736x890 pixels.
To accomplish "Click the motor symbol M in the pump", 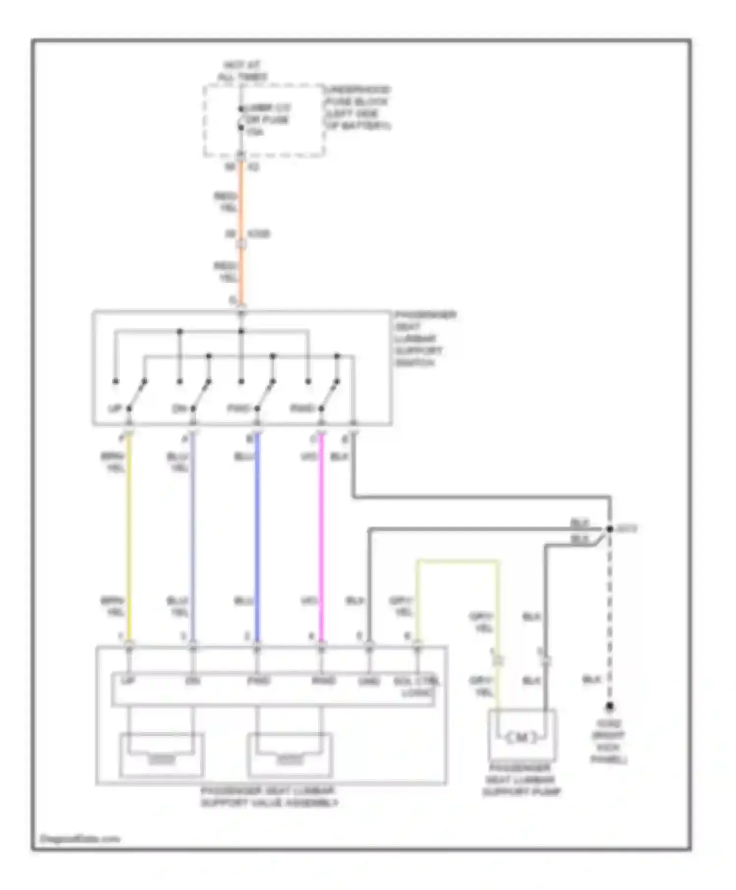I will [521, 737].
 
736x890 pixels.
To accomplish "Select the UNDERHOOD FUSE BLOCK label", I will [357, 108].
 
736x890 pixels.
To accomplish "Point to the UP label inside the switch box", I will [115, 409].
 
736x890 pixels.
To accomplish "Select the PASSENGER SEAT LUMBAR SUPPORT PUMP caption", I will [522, 780].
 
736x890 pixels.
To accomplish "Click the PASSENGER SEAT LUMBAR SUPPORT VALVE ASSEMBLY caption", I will [269, 797].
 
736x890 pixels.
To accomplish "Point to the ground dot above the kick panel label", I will [609, 706].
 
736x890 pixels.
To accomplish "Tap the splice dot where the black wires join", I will [609, 529].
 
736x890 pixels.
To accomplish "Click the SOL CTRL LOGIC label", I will [417, 687].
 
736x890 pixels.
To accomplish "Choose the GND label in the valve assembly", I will [369, 681].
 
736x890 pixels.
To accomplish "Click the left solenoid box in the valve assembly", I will [161, 754].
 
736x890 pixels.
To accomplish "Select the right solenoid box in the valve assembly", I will [290, 754].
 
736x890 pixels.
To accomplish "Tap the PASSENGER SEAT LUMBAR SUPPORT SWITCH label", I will [425, 339].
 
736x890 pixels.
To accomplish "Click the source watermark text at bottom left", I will [79, 839].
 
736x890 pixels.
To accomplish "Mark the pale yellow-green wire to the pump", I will [456, 561].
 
